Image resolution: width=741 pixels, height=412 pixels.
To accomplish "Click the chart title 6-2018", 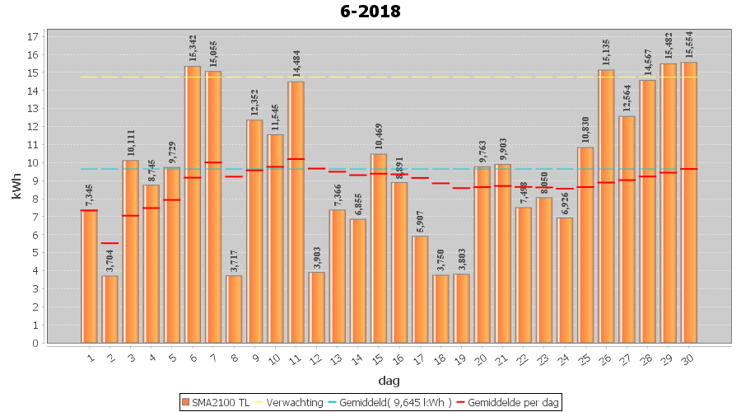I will (370, 12).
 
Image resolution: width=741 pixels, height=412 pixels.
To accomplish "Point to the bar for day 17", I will (420, 289).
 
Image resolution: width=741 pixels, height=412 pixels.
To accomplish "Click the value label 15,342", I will (193, 49).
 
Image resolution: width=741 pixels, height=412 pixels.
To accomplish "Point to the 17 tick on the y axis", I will (33, 37).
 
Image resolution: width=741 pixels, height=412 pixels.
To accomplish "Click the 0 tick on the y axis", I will (35, 343).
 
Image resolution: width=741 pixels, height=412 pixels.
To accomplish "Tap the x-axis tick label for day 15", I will (377, 358).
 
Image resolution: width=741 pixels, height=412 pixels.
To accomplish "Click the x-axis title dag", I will (389, 381).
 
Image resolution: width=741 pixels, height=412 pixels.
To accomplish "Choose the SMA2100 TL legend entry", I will (216, 402).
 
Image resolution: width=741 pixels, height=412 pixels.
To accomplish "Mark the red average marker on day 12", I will (316, 168).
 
